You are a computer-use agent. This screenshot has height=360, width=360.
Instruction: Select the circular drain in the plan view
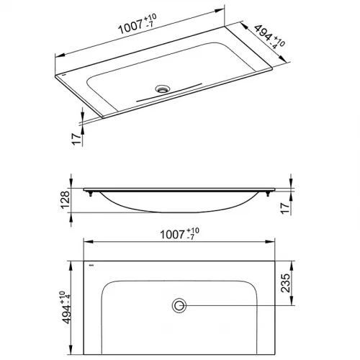coord(179,305)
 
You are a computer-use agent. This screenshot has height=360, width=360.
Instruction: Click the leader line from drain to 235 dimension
coord(238,305)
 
